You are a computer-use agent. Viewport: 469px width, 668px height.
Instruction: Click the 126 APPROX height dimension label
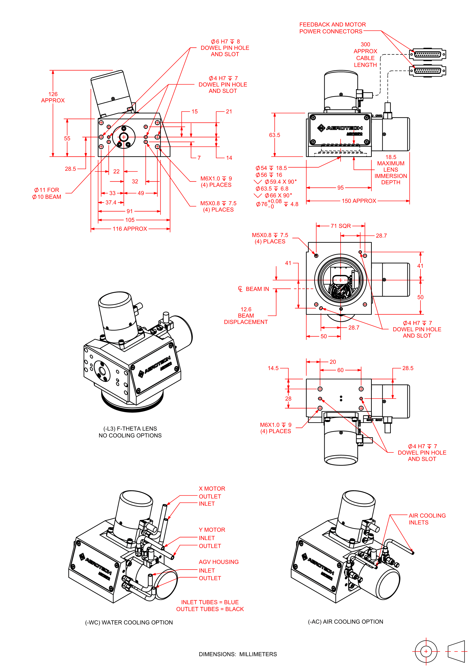coord(53,97)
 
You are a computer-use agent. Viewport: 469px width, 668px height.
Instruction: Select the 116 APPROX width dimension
coord(130,229)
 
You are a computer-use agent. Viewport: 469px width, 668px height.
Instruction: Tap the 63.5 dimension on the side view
coord(274,135)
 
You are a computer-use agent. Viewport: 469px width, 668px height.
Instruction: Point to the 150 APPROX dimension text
coord(359,201)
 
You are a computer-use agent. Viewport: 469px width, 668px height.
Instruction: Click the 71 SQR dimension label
coord(340,226)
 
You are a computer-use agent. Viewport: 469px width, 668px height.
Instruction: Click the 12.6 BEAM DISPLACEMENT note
coord(246,316)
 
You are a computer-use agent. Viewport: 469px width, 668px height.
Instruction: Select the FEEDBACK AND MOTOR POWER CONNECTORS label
coord(332,28)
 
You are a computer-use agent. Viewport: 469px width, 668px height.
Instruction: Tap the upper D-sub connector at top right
coord(427,54)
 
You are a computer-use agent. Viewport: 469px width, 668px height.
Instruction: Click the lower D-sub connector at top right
coord(427,71)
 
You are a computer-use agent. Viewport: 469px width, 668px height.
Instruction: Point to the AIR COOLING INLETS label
coord(427,519)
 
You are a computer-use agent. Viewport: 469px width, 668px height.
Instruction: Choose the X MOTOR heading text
coord(212,488)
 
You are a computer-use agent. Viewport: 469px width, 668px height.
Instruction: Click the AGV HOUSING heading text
coord(219,562)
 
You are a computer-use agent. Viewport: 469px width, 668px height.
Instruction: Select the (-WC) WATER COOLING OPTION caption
coord(129,622)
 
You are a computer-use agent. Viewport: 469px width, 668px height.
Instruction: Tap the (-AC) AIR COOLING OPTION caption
coord(345,622)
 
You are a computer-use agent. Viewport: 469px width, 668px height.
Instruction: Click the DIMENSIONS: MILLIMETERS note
coord(238,654)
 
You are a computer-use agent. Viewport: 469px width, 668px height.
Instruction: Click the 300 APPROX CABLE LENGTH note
coord(365,55)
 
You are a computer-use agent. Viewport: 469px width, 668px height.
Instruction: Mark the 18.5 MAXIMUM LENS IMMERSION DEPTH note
coord(391,170)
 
